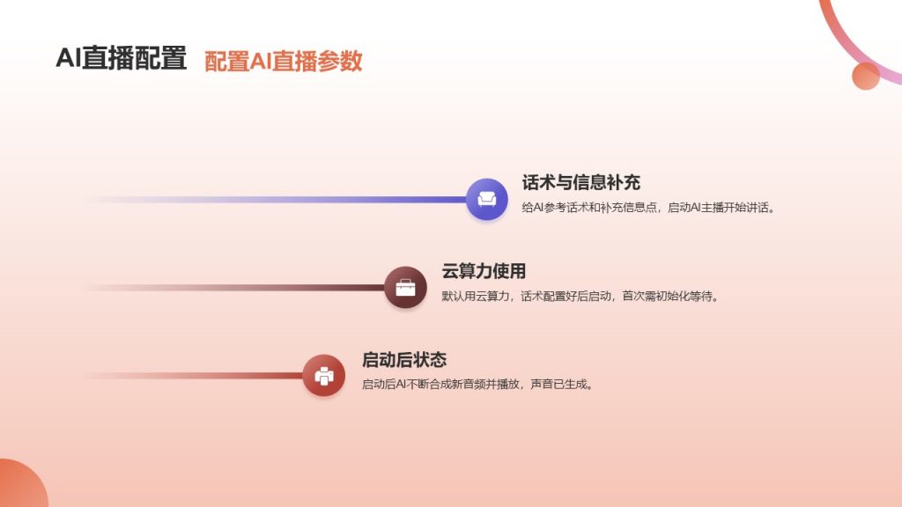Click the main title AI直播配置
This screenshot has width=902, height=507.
click(122, 58)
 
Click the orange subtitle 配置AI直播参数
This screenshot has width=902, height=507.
click(283, 62)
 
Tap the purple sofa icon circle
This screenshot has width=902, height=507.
click(486, 200)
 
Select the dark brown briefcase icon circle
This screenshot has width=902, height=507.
click(405, 288)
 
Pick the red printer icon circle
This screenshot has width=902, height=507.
click(324, 375)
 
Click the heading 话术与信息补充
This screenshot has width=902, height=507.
click(581, 183)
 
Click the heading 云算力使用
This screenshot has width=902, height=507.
click(484, 271)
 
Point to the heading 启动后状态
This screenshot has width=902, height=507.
click(403, 360)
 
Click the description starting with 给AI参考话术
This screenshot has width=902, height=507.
click(648, 208)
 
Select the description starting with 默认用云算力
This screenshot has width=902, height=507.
click(580, 296)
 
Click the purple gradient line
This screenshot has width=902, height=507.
click(276, 200)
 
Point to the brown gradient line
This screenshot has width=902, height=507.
click(235, 288)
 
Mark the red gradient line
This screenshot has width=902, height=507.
click(195, 375)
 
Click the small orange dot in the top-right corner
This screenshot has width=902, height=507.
click(866, 76)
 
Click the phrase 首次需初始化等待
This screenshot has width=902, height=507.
click(670, 296)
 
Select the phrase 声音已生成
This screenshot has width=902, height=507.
click(561, 384)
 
